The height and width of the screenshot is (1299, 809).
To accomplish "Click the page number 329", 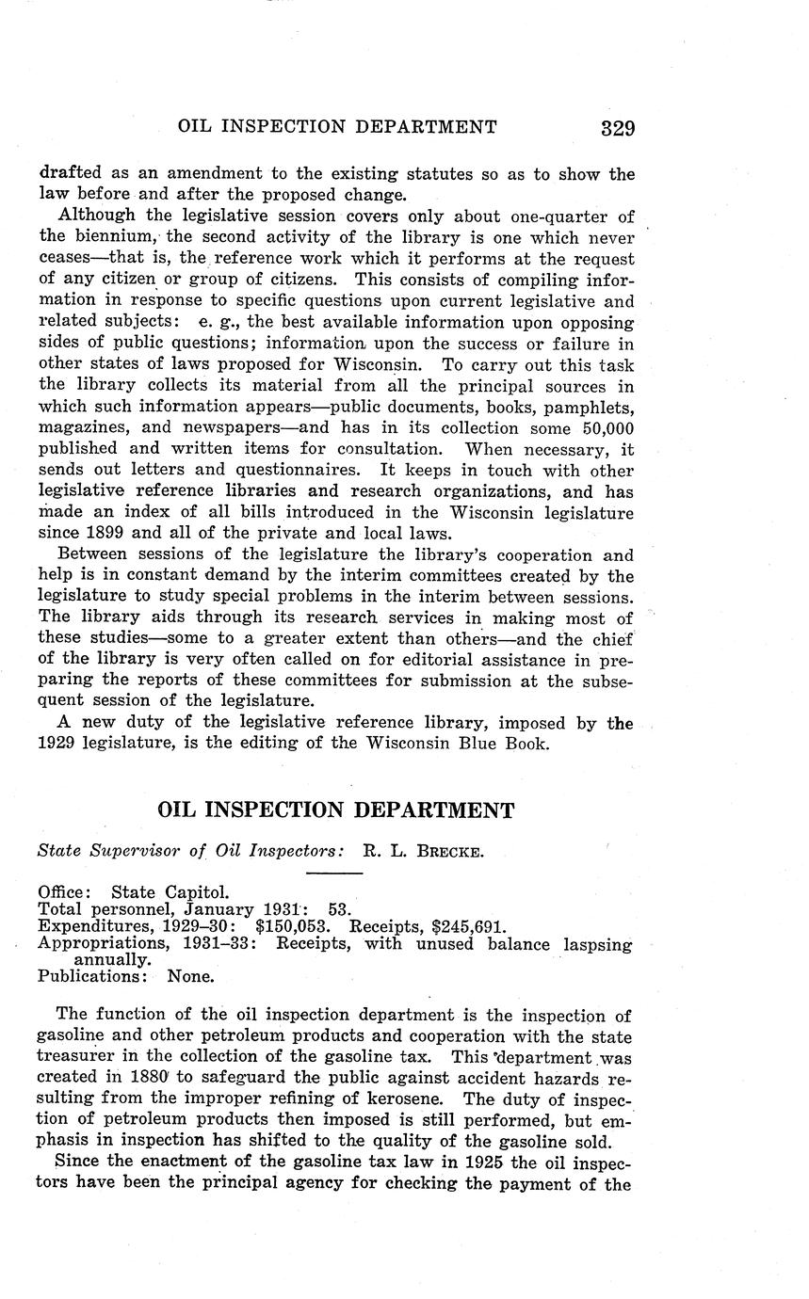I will [617, 128].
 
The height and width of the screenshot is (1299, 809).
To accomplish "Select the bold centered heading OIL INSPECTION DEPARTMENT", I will [335, 811].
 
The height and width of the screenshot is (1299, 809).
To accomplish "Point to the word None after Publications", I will [190, 976].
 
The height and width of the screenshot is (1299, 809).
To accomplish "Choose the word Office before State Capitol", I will [64, 891].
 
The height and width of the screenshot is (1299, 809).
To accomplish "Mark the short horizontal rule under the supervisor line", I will [334, 874].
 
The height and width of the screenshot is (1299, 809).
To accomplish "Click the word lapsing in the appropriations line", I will [597, 944].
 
